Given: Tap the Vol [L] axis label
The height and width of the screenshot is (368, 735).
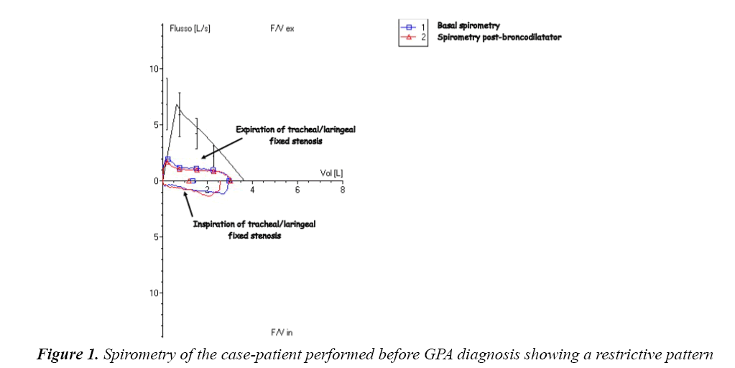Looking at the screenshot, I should click(332, 173).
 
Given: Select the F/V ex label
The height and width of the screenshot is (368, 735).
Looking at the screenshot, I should click(282, 29).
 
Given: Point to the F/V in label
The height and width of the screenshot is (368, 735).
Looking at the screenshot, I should click(282, 332).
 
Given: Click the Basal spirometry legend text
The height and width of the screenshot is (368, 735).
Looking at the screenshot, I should click(468, 26).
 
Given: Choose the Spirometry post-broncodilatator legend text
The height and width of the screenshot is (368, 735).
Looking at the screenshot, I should click(499, 37).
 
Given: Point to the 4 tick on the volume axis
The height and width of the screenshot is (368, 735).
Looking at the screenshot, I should click(252, 189).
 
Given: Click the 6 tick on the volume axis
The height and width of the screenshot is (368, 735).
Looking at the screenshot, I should click(297, 189).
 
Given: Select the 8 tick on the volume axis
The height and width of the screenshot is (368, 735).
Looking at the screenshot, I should click(342, 189).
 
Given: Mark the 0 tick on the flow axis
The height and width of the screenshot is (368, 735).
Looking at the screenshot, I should click(155, 181).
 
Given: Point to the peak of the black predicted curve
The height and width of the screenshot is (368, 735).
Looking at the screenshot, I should click(177, 105).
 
